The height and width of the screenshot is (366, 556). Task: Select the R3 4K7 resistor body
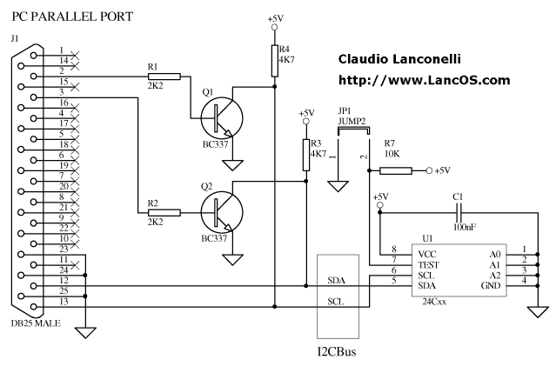point(306,155)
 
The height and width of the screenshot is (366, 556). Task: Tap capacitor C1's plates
point(459,211)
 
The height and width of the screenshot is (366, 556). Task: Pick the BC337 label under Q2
point(215,237)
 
